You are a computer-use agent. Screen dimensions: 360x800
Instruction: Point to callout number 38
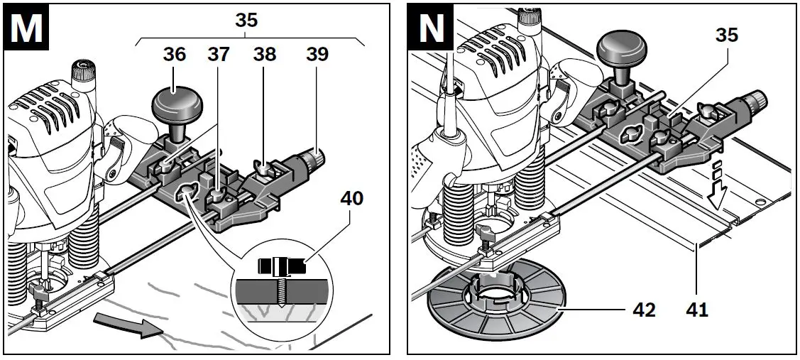pos(266,55)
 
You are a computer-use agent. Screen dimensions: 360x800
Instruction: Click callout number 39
pos(317,55)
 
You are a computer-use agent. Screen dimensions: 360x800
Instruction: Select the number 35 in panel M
pos(246,19)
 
